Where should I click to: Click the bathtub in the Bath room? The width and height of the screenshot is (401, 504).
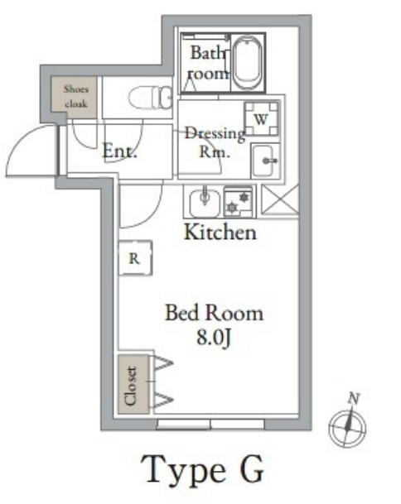pyautogui.click(x=247, y=63)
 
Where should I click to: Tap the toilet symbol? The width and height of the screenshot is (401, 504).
pyautogui.click(x=151, y=97)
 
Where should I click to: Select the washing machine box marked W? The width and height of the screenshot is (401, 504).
pyautogui.click(x=261, y=119)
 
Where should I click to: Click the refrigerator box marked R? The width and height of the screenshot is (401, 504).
pyautogui.click(x=135, y=257)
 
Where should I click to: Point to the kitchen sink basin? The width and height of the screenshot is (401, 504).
pyautogui.click(x=205, y=203)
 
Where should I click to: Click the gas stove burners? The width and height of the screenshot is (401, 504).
pyautogui.click(x=239, y=202)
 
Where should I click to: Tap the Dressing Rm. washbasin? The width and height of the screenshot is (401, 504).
pyautogui.click(x=265, y=161)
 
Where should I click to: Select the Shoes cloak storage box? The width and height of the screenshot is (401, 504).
pyautogui.click(x=74, y=97)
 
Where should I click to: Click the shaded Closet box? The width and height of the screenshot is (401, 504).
pyautogui.click(x=133, y=385)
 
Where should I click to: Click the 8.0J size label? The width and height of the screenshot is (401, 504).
pyautogui.click(x=214, y=338)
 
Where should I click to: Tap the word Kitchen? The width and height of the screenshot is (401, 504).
pyautogui.click(x=220, y=232)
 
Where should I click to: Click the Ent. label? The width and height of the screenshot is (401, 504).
pyautogui.click(x=120, y=151)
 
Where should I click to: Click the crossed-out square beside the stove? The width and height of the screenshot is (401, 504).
pyautogui.click(x=280, y=199)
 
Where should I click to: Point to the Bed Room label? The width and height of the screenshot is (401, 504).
pyautogui.click(x=214, y=313)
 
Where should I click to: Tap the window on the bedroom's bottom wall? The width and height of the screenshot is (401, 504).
pyautogui.click(x=210, y=425)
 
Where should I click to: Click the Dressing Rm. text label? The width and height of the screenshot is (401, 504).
pyautogui.click(x=215, y=142)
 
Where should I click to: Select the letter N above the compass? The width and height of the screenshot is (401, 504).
pyautogui.click(x=354, y=399)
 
